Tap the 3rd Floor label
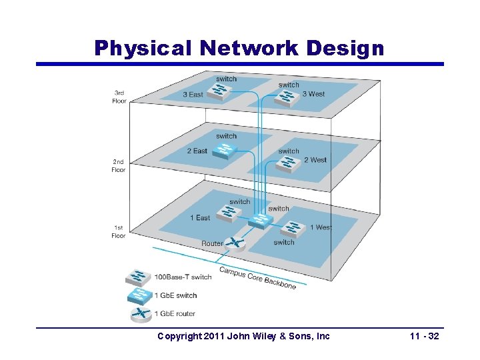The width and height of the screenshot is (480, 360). coord(119,97)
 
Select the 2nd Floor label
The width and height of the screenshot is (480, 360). coord(119,165)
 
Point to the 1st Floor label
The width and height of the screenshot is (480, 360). coord(119,231)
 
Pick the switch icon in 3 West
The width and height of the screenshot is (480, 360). coord(287,97)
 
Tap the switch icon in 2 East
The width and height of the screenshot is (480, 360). coord(223,150)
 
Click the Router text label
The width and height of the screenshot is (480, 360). coord(212,243)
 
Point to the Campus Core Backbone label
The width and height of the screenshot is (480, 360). coord(257,278)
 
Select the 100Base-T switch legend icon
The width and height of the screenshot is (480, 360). coord(139,277)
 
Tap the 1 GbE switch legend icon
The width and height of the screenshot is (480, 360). coord(139,295)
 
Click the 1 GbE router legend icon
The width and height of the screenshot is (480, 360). coord(139,313)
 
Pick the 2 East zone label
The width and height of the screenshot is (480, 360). coord(197,151)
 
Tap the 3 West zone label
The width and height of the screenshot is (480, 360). coord(313,94)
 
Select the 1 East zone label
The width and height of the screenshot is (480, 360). coord(200,217)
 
